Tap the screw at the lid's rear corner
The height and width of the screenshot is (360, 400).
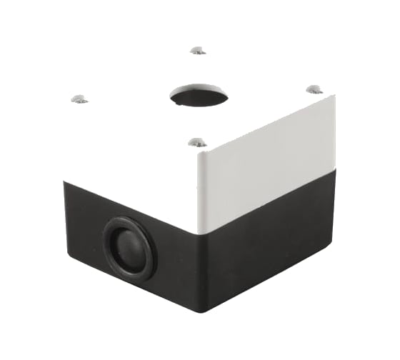point(198,50)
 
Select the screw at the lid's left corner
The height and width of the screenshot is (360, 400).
point(79,99)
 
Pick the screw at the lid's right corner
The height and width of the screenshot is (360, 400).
point(314,89)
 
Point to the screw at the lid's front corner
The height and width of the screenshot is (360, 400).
point(198,143)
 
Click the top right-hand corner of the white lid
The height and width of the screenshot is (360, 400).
point(334,96)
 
